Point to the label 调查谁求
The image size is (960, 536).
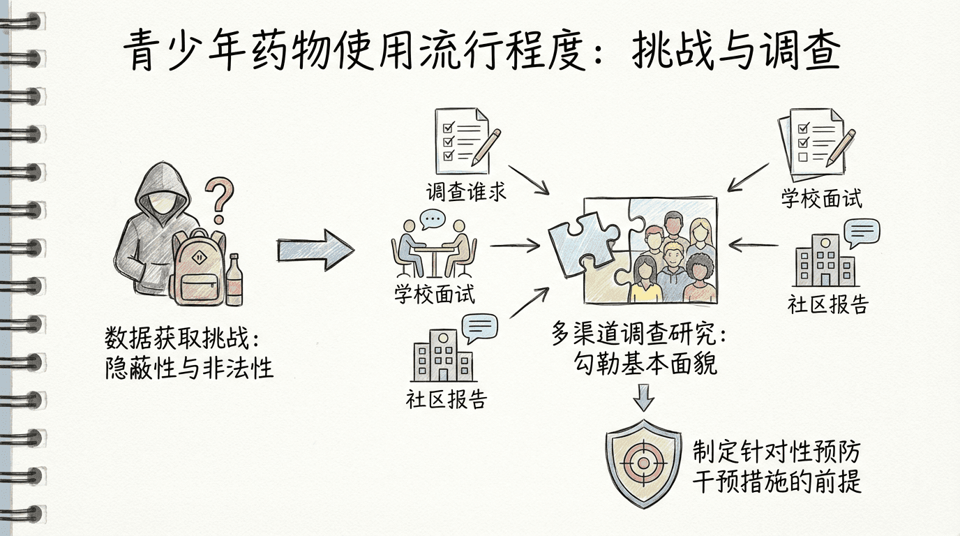coord(466,191)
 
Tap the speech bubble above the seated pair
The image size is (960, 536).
coord(433,218)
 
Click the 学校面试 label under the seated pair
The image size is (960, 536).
coord(434,294)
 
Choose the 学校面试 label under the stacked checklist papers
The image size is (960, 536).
coord(821,198)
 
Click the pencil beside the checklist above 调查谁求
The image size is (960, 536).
coord(486,145)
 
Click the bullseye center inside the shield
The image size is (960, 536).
coord(642,461)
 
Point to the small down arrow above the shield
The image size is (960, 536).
coord(643,400)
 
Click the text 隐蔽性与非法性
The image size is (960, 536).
coord(189,368)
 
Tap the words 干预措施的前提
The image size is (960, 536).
coord(777,482)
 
